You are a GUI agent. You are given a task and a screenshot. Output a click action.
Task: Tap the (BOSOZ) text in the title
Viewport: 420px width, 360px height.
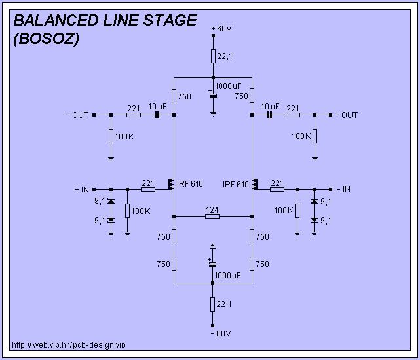tap(46, 39)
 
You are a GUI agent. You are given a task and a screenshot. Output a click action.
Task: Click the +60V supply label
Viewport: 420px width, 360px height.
tap(222, 29)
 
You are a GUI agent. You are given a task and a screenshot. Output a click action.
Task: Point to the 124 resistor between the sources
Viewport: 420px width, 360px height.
tap(212, 215)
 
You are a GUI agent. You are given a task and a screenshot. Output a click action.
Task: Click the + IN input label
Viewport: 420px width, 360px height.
tap(83, 189)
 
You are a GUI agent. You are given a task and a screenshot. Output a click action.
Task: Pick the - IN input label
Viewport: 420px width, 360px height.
tap(342, 189)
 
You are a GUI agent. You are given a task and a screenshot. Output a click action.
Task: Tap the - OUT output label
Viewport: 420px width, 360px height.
tap(77, 115)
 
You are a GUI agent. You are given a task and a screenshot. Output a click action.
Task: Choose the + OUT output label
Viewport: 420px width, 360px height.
tap(347, 115)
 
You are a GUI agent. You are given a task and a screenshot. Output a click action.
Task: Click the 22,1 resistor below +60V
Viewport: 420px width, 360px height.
tap(213, 56)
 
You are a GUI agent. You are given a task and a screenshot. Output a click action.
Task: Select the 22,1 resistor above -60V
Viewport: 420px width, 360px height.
tap(213, 304)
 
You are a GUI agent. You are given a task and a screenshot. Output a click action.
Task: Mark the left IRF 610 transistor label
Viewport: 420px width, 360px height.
tap(190, 184)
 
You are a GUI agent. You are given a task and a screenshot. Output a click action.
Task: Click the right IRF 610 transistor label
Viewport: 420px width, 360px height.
tap(236, 184)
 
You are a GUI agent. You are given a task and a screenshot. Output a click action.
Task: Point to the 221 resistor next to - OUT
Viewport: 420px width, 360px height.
tap(134, 115)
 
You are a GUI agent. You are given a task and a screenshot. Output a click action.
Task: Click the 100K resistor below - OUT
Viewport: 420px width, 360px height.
tap(111, 136)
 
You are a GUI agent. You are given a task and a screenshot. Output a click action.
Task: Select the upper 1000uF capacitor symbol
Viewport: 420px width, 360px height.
tap(213, 96)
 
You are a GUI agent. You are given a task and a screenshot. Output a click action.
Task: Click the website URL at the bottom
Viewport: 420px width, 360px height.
tap(68, 344)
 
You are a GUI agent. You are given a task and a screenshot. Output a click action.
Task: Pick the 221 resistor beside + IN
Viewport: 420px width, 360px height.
tap(148, 189)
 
